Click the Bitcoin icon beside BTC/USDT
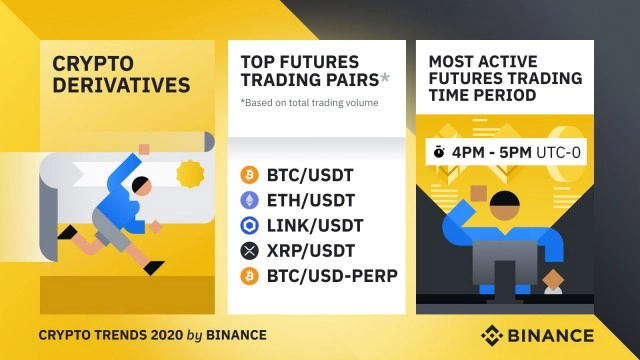pos(250,175)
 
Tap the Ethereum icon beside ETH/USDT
pos(250,200)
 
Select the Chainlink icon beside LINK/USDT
pos(250,224)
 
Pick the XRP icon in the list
pos(250,249)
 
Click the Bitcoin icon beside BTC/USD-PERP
pos(250,273)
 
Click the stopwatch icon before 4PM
pos(439,153)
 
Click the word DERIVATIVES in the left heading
pos(120,85)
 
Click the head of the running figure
pos(143,185)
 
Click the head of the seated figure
pos(505,206)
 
